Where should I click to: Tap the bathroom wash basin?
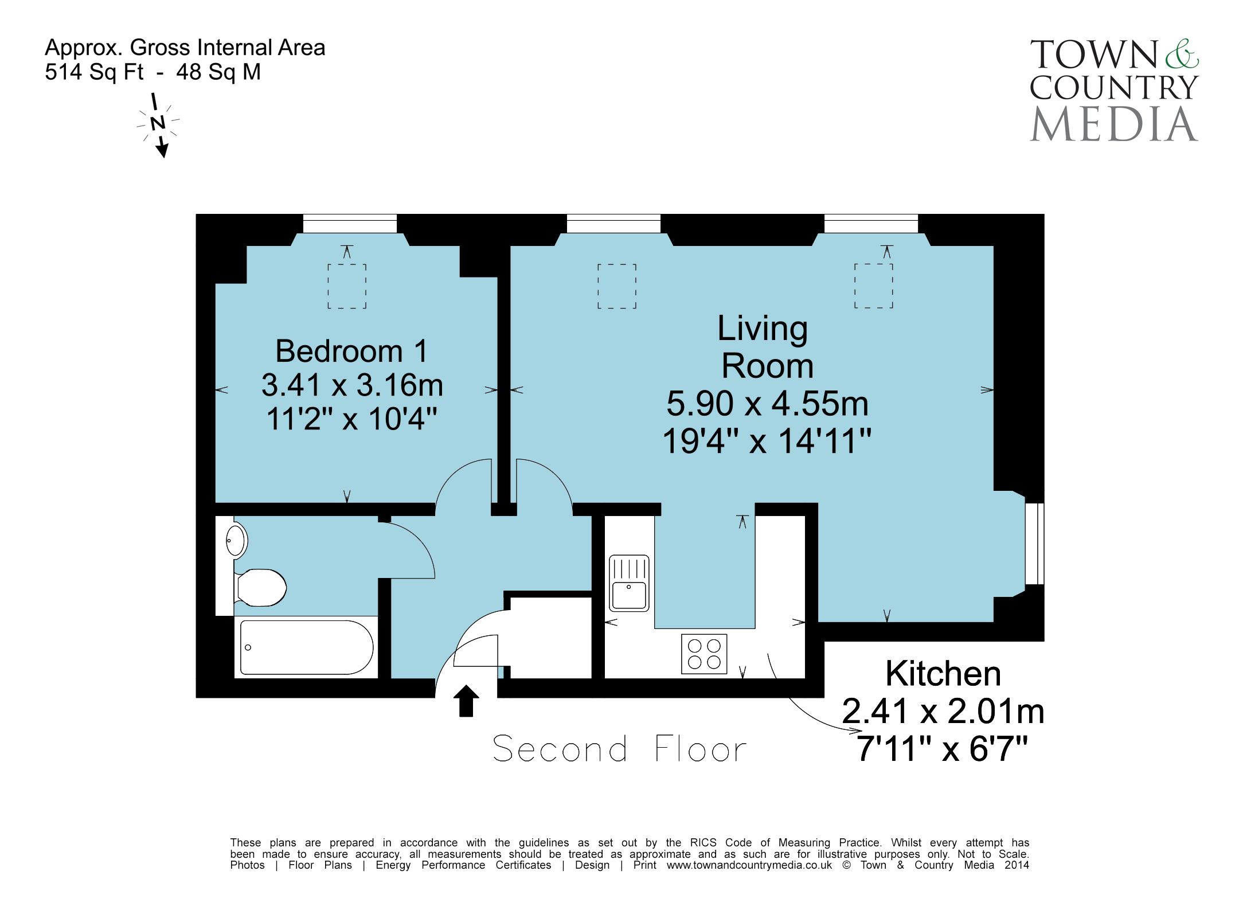[x=236, y=540]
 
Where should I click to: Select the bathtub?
[x=307, y=647]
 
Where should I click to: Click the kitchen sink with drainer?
[x=629, y=583]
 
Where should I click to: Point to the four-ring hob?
[x=704, y=654]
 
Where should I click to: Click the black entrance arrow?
[x=466, y=701]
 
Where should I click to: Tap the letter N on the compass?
[x=158, y=122]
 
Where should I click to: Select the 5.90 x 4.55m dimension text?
[x=767, y=403]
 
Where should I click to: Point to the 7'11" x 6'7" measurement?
[x=943, y=748]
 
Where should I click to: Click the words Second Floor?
[x=620, y=749]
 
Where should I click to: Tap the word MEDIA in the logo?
[x=1114, y=124]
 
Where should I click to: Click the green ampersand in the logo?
[x=1182, y=54]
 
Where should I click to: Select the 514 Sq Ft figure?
[x=94, y=72]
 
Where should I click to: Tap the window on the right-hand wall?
[x=1034, y=544]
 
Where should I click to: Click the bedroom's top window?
[x=350, y=224]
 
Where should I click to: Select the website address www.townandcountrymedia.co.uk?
[x=749, y=865]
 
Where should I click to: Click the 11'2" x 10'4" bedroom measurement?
[x=352, y=419]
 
